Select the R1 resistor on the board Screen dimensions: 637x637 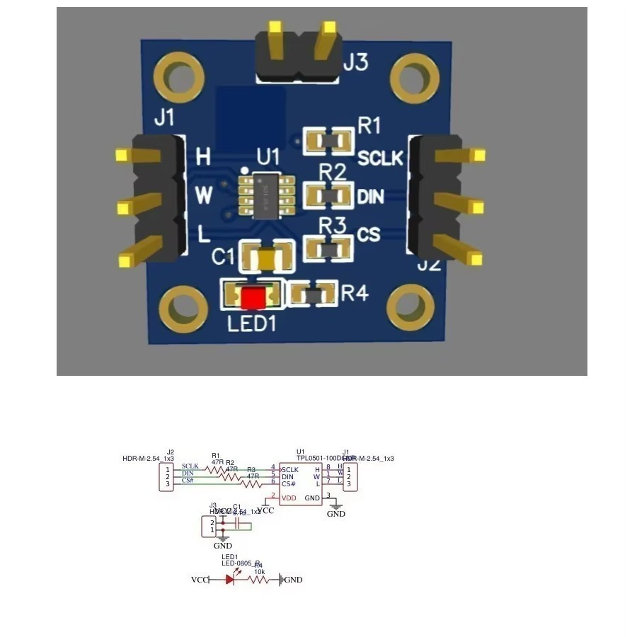point(328,142)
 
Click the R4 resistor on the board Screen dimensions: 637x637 point(313,293)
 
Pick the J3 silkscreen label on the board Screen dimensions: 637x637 point(356,63)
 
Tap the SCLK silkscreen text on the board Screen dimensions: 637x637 point(380,158)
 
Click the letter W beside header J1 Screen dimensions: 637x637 point(204,196)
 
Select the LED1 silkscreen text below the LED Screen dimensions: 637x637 point(251,324)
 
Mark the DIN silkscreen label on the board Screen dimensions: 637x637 point(370,197)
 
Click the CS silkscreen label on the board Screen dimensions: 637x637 point(369,234)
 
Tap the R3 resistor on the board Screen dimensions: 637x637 point(328,248)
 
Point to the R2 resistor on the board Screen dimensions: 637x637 point(328,195)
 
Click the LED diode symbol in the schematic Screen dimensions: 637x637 point(230,579)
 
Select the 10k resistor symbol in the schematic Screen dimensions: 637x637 point(258,579)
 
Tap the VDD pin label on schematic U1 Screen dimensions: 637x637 point(289,498)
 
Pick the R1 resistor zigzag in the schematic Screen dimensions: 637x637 point(215,469)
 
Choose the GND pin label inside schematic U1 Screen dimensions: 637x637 point(312,498)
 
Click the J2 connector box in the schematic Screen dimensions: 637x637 point(166,477)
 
